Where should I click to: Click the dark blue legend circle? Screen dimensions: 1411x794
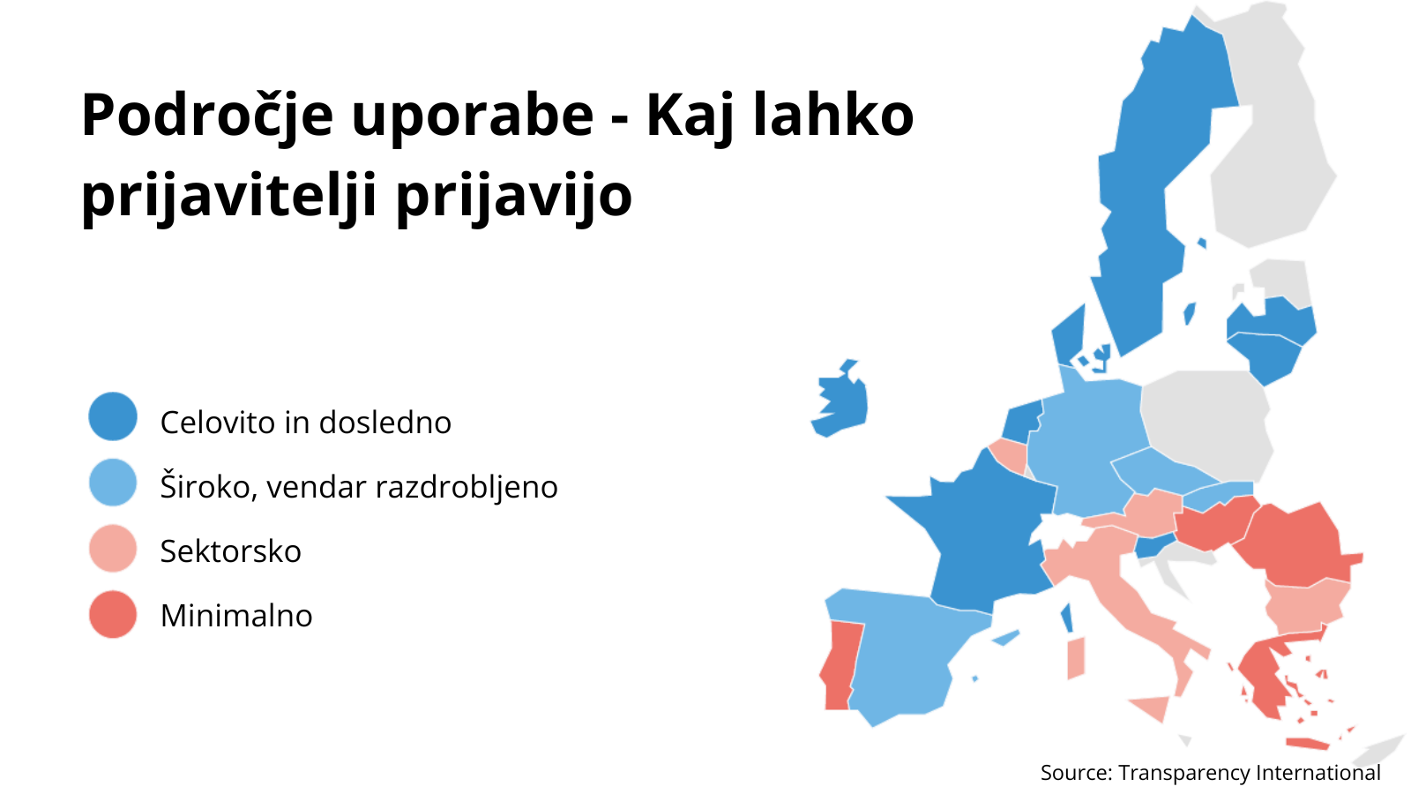pos(113,416)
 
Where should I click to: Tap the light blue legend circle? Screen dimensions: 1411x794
pos(113,483)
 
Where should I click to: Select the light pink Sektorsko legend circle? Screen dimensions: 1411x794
pos(113,549)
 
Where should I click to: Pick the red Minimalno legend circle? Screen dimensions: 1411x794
pos(113,614)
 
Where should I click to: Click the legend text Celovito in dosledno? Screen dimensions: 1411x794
pos(305,423)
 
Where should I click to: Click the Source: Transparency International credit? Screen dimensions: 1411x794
pos(1210,773)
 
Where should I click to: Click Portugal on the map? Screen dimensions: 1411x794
pos(839,665)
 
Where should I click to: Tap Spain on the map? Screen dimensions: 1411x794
pos(907,655)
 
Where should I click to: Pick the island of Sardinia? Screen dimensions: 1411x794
pos(1076,658)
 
